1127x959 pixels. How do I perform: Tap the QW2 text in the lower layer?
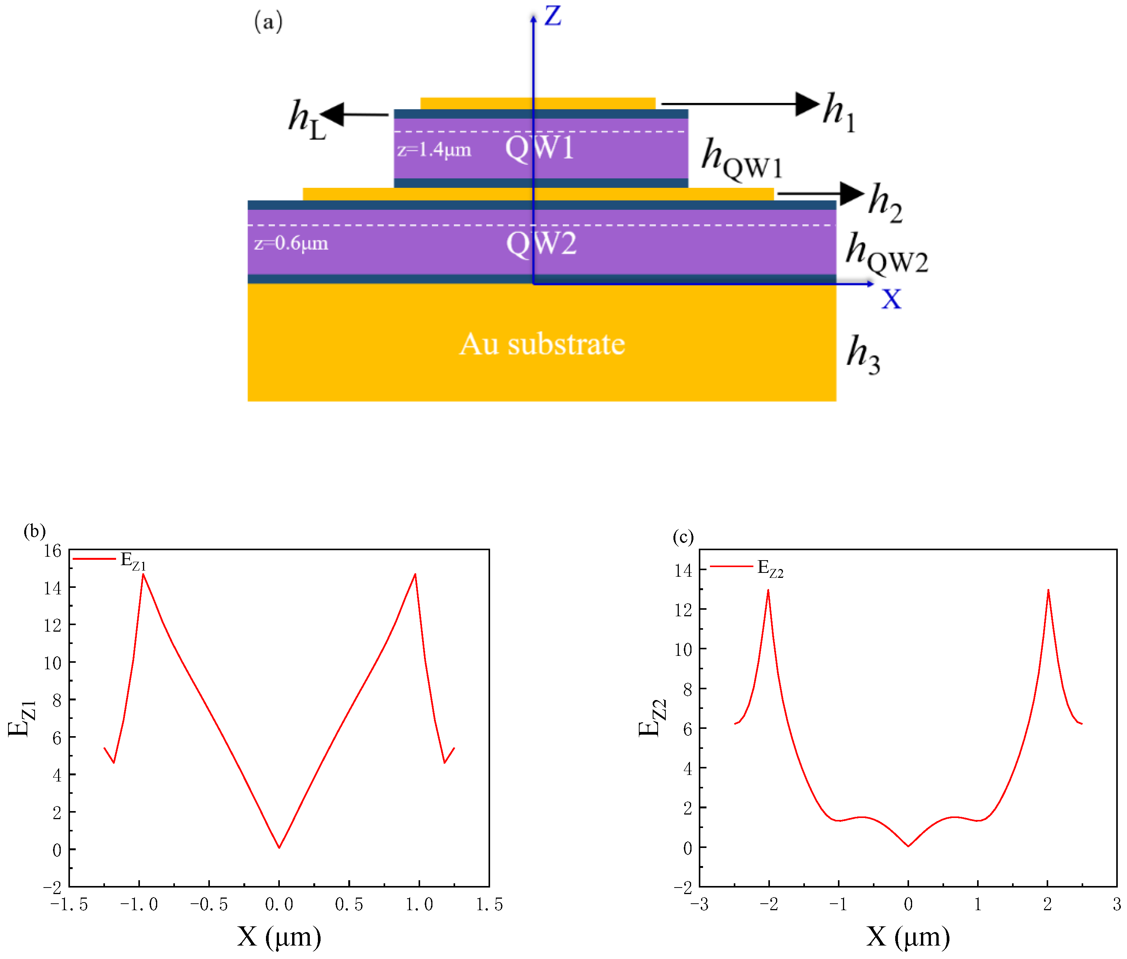pyautogui.click(x=541, y=243)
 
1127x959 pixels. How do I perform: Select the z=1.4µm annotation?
pyautogui.click(x=434, y=149)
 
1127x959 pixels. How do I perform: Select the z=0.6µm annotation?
pyautogui.click(x=291, y=243)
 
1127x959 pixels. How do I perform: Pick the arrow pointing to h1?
pyautogui.click(x=740, y=104)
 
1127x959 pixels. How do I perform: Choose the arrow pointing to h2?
pyautogui.click(x=820, y=194)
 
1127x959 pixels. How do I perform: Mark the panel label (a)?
pyautogui.click(x=268, y=22)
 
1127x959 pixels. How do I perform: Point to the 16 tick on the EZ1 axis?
pyautogui.click(x=53, y=551)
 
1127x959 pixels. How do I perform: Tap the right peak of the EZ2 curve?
pyautogui.click(x=1047, y=591)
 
